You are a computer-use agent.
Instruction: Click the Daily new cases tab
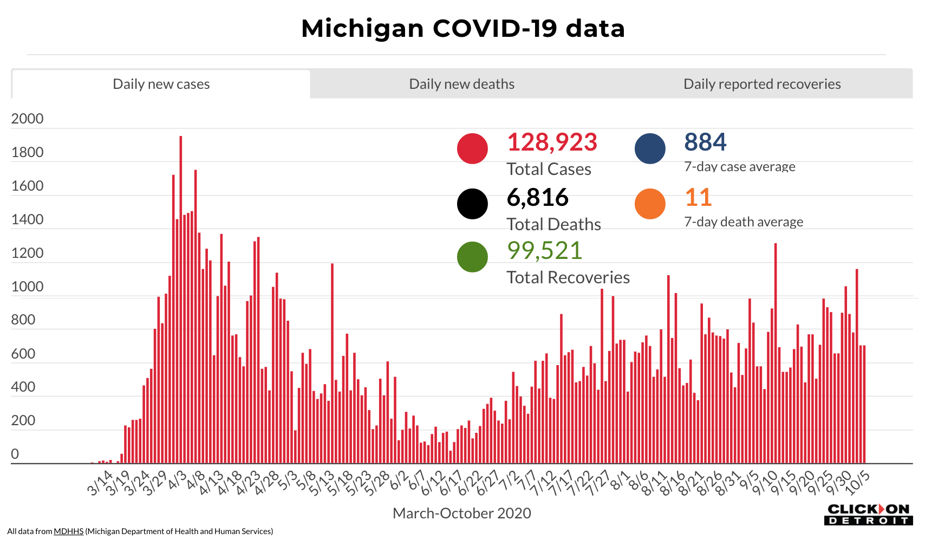pos(161,84)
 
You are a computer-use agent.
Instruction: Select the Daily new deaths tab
pos(461,84)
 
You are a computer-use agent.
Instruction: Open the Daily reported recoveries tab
pos(761,84)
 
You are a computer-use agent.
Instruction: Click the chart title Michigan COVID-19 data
pos(462,28)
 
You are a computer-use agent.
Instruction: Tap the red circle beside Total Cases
pos(472,148)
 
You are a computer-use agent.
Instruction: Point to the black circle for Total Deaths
pos(472,204)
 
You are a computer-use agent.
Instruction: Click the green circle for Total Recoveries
pos(472,257)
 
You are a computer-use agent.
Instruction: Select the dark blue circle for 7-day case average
pos(650,148)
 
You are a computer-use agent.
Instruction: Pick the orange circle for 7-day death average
pos(650,204)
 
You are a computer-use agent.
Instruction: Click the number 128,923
pos(552,142)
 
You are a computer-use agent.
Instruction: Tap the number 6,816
pos(538,198)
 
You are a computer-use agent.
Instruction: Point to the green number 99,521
pos(544,251)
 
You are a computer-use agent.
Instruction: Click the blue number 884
pos(705,142)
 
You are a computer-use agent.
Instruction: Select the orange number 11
pos(698,198)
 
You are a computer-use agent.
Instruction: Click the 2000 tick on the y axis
pos(27,119)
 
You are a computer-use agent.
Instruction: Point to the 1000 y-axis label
pos(27,287)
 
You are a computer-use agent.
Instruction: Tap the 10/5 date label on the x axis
pos(858,482)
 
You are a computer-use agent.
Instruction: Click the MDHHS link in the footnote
pos(68,531)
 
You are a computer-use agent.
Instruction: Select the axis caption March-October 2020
pos(461,513)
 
